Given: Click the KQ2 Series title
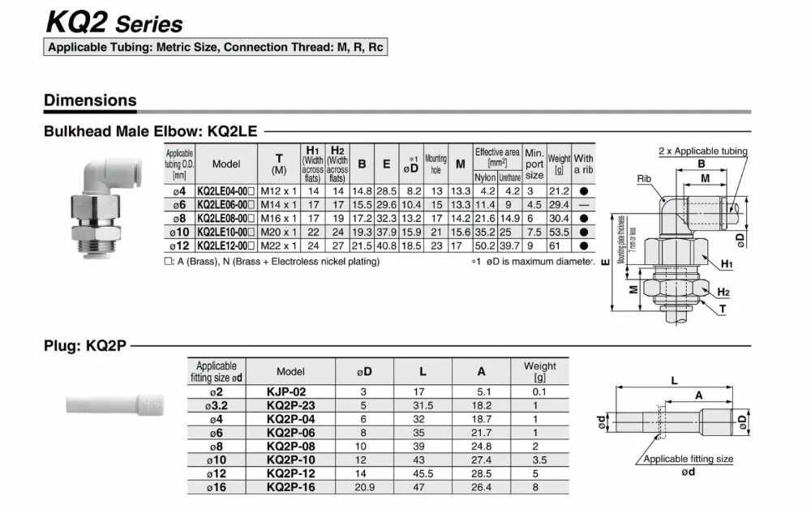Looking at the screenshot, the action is click(x=114, y=22).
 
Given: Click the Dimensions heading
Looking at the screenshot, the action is click(x=90, y=100).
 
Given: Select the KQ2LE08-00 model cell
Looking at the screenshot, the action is click(x=225, y=219).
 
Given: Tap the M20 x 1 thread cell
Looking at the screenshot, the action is click(x=279, y=233).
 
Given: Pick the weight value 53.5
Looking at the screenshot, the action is click(x=559, y=233).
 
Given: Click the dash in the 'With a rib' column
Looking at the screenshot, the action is click(x=584, y=205).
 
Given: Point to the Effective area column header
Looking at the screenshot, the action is click(x=497, y=157).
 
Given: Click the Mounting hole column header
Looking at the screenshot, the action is click(x=436, y=164).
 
